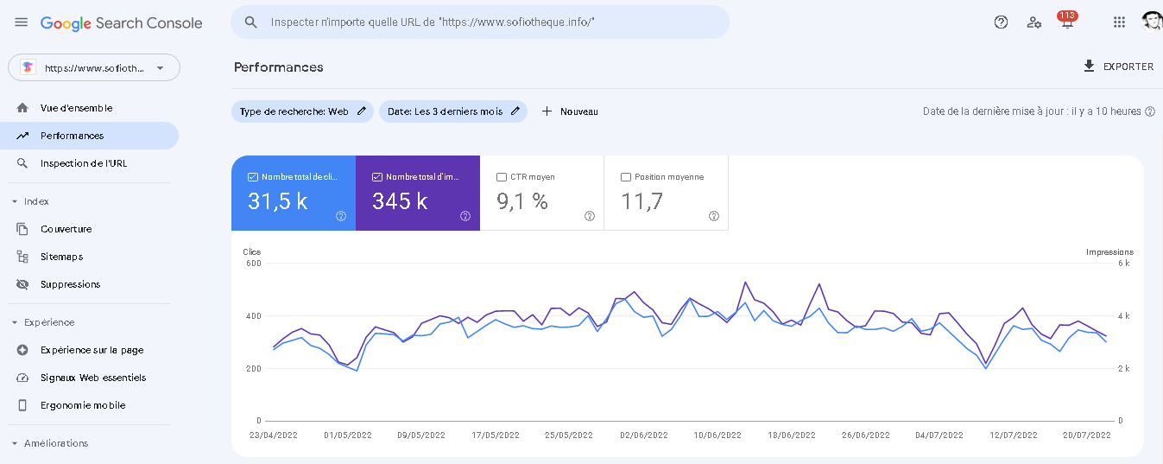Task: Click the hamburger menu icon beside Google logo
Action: [x=21, y=22]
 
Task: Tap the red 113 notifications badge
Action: [x=1067, y=16]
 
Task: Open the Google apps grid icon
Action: [x=1119, y=22]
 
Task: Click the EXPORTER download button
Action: [x=1118, y=67]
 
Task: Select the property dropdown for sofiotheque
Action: [x=93, y=67]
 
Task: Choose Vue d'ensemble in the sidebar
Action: [x=76, y=108]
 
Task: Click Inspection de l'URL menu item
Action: [x=83, y=163]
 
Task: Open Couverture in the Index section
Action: [x=66, y=229]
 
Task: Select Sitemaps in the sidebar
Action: [x=62, y=257]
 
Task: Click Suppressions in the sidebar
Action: [x=70, y=284]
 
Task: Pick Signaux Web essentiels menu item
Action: [x=92, y=378]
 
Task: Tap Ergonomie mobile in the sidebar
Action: [x=82, y=405]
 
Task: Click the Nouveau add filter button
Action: [x=570, y=111]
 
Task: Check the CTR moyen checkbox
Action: [x=502, y=177]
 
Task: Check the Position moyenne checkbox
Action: [x=626, y=177]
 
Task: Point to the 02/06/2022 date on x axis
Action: [x=642, y=435]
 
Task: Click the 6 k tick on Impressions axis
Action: [x=1124, y=263]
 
